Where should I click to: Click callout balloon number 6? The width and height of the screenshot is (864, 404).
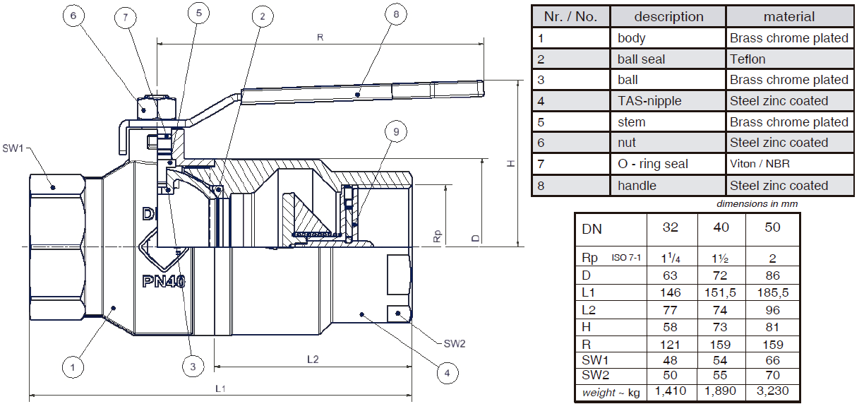tap(73, 16)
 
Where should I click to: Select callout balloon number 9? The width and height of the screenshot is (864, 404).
tap(396, 132)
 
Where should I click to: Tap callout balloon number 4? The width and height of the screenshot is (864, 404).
tap(448, 373)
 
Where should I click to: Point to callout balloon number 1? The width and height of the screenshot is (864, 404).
tap(73, 367)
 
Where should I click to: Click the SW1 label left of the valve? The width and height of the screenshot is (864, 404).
tap(13, 148)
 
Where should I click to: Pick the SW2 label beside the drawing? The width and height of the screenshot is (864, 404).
tap(455, 343)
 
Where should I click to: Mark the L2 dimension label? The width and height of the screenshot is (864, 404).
tap(313, 360)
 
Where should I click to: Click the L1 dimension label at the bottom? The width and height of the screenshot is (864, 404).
tap(220, 388)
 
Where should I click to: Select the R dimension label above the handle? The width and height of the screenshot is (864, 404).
tap(320, 37)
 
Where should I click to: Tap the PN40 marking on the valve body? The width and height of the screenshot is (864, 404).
tap(164, 281)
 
